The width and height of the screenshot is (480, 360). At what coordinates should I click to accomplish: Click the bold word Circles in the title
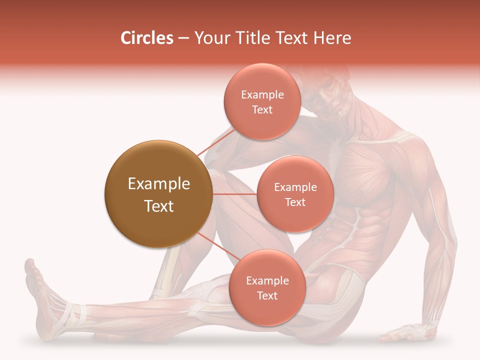point(147,38)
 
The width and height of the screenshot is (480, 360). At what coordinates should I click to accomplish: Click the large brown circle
point(158,194)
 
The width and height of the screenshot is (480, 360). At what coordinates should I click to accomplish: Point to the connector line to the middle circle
point(234,194)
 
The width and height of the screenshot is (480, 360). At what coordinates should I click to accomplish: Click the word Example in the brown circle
point(159,184)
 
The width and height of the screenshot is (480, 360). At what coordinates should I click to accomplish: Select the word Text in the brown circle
point(159,206)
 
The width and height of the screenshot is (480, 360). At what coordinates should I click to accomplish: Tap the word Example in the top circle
point(262,95)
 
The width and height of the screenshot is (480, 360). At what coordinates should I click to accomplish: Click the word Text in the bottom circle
point(267,296)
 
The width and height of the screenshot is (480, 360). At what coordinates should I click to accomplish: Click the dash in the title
point(183,38)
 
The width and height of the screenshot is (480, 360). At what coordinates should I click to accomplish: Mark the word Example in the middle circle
point(295,187)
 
